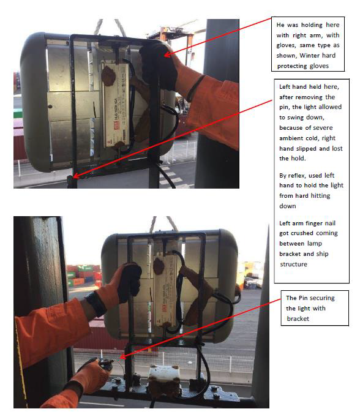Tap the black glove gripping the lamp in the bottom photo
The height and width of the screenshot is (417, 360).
click(129, 282)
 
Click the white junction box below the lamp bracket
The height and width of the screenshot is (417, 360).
click(163, 375)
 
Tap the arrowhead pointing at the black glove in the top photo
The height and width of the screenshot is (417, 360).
click(167, 54)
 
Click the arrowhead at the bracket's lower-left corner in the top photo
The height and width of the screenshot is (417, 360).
click(75, 176)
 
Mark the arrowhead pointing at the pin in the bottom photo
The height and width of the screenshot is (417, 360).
click(123, 357)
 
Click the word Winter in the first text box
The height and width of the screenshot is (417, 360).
click(308, 55)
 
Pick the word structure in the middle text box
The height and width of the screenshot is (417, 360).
click(293, 264)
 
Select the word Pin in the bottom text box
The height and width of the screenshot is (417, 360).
click(303, 298)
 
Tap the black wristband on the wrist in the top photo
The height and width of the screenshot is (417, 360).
click(195, 88)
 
